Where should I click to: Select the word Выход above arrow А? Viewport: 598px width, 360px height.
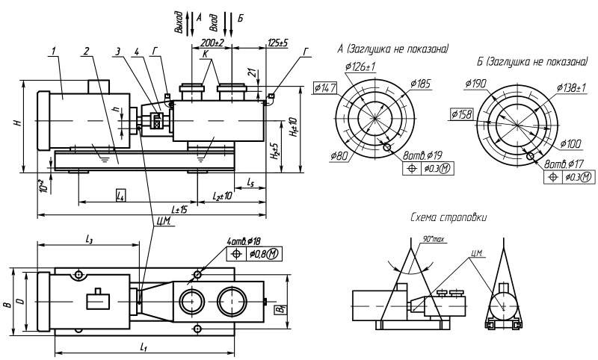179,23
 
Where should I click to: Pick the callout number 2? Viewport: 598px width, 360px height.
87,51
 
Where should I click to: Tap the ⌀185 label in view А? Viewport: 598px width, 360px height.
421,83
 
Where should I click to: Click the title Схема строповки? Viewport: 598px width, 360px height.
449,217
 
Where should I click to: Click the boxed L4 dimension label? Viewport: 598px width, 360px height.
120,193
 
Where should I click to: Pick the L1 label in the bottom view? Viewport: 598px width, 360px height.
144,348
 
